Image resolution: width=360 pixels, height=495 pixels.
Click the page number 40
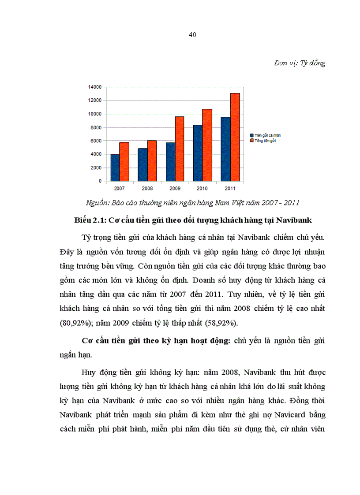point(192,35)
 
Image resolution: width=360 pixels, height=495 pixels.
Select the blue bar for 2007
point(115,167)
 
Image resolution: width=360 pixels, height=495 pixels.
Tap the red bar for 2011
point(235,137)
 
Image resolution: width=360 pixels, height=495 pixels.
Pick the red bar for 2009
point(179,149)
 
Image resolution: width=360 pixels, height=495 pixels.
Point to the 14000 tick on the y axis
point(95,87)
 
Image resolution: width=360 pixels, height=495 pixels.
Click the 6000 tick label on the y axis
point(96,141)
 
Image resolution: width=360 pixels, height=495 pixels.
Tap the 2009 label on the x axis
point(174,188)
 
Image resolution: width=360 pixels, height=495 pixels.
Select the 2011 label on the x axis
point(230,188)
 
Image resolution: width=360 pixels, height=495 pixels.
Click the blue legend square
point(251,135)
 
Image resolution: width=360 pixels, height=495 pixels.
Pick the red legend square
point(251,140)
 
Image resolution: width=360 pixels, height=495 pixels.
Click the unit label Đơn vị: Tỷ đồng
point(300,63)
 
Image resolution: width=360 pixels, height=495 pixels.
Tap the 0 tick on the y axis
point(100,181)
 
